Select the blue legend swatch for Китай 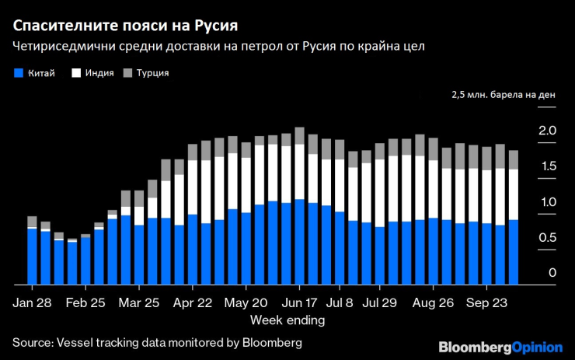tap(19, 73)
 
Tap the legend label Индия tap(99, 73)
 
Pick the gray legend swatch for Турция tap(129, 73)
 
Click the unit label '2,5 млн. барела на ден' tap(503, 96)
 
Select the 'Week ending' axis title tap(287, 320)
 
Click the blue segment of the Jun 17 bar tap(300, 241)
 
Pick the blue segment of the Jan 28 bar tap(32, 257)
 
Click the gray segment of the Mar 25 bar tap(139, 198)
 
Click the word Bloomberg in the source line tap(274, 342)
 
